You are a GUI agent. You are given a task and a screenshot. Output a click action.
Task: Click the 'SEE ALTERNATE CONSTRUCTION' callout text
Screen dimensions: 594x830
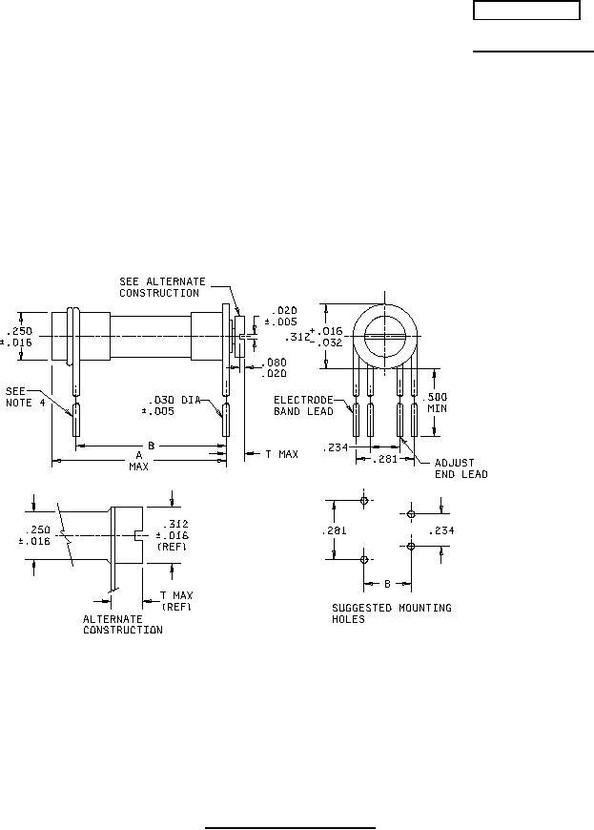(x=162, y=287)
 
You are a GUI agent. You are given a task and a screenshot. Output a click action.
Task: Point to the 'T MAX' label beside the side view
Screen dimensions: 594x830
(x=281, y=454)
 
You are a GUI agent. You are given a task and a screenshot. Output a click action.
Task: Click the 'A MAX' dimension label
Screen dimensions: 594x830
(x=138, y=461)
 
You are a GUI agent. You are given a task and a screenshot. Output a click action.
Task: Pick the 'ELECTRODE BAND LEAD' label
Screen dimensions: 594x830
(x=303, y=405)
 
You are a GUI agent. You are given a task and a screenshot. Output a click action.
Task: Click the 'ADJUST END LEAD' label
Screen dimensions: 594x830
(x=461, y=468)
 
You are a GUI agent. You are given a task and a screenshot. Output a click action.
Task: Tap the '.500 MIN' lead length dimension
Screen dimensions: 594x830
(x=437, y=403)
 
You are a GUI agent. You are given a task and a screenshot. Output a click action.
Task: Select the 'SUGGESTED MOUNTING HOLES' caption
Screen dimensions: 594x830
(x=392, y=613)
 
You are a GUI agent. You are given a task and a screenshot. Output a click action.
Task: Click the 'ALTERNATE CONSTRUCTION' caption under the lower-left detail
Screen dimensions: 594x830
(x=123, y=625)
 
